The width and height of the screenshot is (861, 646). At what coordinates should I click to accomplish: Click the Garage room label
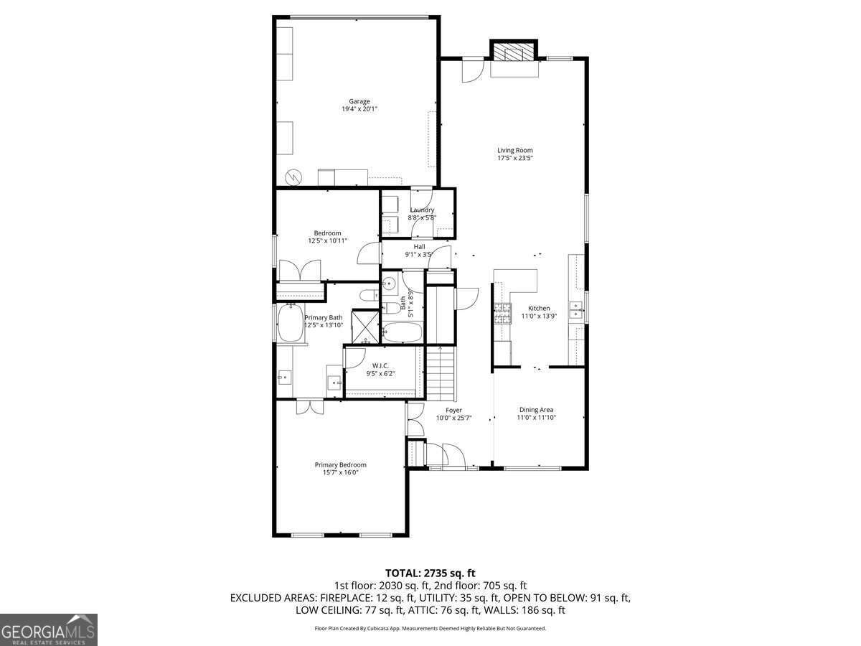point(359,101)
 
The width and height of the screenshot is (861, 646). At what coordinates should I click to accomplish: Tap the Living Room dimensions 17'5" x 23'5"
point(514,158)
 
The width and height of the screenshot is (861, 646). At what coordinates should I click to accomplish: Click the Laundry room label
point(422,210)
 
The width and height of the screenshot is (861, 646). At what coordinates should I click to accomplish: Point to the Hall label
point(419,246)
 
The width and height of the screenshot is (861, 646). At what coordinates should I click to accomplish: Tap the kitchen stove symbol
point(500,314)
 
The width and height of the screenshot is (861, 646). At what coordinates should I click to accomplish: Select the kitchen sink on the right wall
point(575,310)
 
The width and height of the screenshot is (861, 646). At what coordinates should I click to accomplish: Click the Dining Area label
point(536,410)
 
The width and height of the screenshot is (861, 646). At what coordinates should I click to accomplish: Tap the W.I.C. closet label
point(380,365)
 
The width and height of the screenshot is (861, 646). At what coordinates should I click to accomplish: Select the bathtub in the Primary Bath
point(291,324)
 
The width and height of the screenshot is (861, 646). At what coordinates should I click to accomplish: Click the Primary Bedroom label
point(340,464)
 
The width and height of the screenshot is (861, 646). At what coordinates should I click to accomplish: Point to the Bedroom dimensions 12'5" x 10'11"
point(327,241)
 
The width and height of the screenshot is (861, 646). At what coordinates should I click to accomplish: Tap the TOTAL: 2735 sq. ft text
point(430,573)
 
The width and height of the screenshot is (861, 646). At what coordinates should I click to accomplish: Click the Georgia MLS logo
point(48,629)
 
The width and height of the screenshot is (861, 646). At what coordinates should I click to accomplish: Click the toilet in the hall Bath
point(392,308)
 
